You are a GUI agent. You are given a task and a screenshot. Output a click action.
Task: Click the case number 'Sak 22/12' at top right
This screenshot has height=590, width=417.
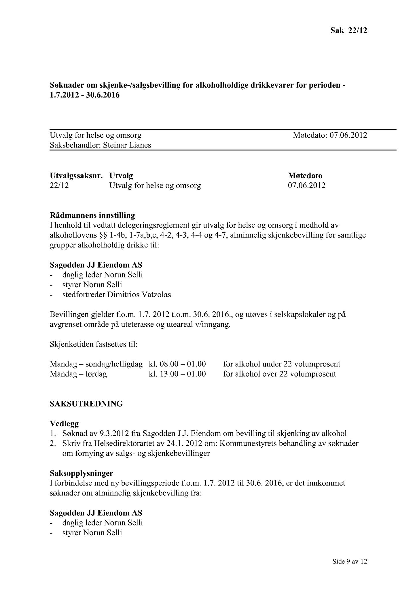tap(348, 30)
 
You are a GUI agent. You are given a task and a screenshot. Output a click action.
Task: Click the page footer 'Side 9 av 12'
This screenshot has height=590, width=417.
tap(350, 561)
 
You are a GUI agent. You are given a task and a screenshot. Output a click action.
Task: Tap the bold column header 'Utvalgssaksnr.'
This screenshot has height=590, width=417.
tap(76, 175)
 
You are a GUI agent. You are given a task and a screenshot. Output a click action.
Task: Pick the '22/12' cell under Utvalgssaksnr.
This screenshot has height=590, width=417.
tap(59, 185)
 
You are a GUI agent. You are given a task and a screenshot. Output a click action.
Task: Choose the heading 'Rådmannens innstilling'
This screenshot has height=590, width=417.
tap(92, 215)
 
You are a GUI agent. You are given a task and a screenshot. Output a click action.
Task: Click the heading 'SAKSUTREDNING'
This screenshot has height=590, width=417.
tap(86, 404)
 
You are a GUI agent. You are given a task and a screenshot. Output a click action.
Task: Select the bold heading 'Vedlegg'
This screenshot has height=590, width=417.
tap(64, 423)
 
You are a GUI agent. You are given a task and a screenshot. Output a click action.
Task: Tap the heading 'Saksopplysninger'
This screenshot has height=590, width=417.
tap(81, 473)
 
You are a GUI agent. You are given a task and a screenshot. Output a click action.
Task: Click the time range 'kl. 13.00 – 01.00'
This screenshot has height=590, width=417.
tap(177, 374)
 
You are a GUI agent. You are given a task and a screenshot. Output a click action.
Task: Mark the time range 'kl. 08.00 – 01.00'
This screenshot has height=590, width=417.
tap(177, 364)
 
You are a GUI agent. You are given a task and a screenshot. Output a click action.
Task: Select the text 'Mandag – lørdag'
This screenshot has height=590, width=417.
tap(78, 374)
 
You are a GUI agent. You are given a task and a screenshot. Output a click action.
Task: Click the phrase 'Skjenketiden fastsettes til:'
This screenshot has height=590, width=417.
tap(94, 344)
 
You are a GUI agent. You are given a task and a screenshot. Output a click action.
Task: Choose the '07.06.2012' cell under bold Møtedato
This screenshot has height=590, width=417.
tap(307, 185)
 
